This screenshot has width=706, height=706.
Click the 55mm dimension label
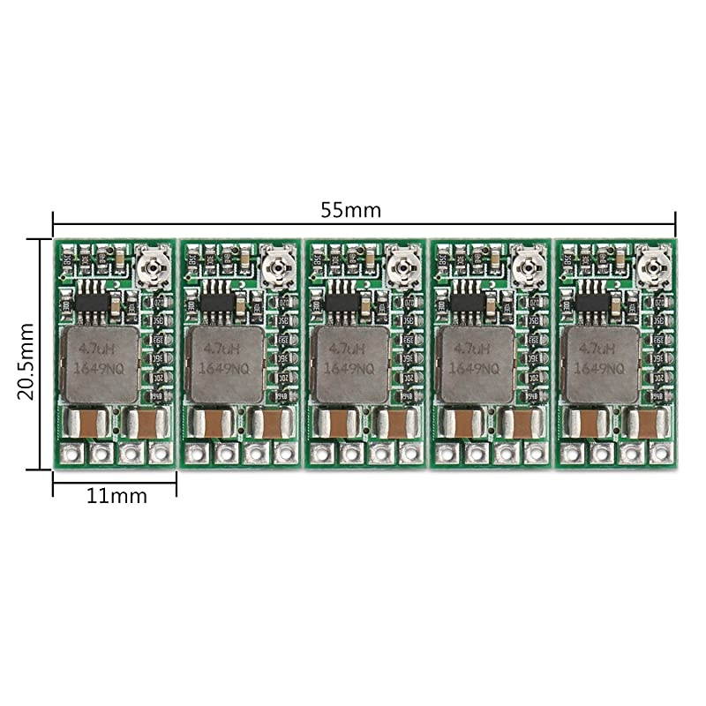tap(350, 210)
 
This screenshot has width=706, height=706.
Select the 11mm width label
tap(116, 495)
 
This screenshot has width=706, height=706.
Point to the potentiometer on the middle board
tap(402, 263)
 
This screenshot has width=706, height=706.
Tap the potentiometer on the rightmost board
tap(653, 263)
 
